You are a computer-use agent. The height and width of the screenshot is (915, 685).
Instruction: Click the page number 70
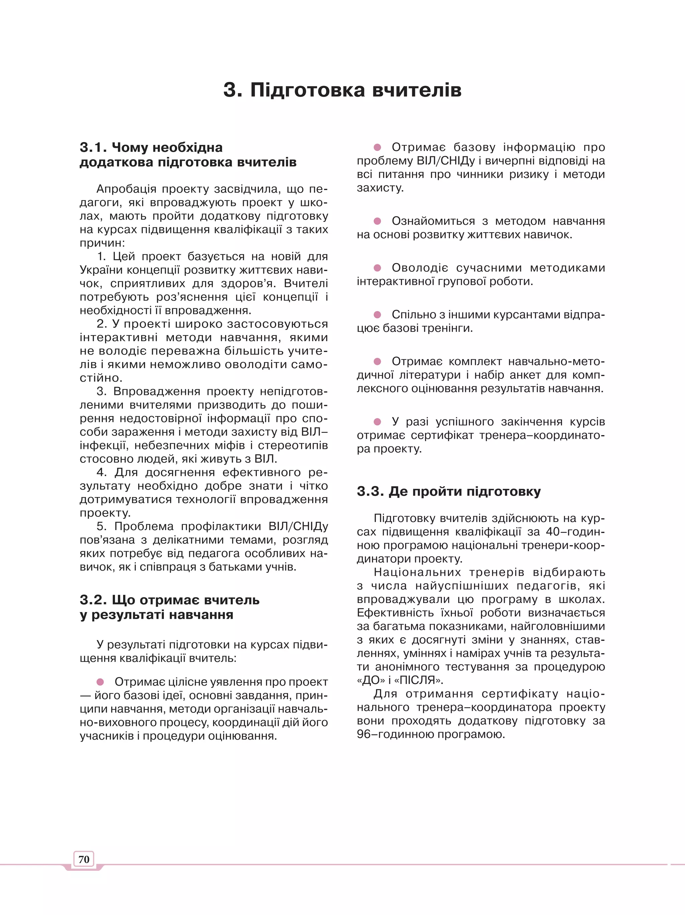tap(84, 859)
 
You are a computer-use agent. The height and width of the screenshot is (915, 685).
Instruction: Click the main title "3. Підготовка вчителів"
tap(342, 90)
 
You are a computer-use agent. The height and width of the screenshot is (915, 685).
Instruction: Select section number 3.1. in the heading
tap(93, 147)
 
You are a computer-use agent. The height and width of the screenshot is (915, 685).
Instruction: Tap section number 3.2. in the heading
tap(93, 600)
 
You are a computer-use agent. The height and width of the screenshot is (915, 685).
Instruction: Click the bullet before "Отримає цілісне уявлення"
tap(100, 682)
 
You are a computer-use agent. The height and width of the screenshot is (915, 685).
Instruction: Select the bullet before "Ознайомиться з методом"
tap(377, 221)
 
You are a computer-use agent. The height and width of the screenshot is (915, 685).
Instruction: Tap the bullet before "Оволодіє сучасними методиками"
tap(377, 268)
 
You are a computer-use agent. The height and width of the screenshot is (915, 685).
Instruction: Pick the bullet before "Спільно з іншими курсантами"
tap(377, 314)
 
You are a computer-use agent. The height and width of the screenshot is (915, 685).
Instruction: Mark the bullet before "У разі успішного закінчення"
tap(377, 421)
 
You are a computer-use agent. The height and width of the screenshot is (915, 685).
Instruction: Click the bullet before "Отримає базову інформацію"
tap(377, 147)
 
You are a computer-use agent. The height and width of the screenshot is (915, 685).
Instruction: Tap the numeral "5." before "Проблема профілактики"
tap(102, 526)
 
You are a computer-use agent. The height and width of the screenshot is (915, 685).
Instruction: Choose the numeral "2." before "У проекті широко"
tap(102, 324)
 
